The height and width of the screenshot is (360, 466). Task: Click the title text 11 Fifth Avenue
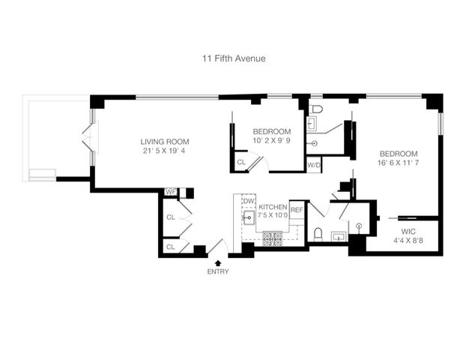pyautogui.click(x=233, y=58)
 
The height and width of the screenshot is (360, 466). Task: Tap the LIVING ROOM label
pyautogui.click(x=165, y=141)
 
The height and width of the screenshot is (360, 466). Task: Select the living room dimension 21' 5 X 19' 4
pyautogui.click(x=165, y=151)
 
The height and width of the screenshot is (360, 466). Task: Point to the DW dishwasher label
pyautogui.click(x=249, y=201)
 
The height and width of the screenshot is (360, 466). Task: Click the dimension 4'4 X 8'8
pyautogui.click(x=408, y=241)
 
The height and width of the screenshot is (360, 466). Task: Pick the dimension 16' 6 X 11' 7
pyautogui.click(x=402, y=162)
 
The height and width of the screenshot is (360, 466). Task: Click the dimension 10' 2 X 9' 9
pyautogui.click(x=271, y=140)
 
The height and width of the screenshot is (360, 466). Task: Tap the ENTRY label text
pyautogui.click(x=218, y=271)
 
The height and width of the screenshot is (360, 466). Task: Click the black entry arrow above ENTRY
pyautogui.click(x=218, y=262)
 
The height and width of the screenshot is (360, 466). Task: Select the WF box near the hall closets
pyautogui.click(x=170, y=193)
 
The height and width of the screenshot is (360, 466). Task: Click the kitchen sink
pyautogui.click(x=249, y=219)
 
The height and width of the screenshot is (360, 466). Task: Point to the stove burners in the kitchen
pyautogui.click(x=273, y=239)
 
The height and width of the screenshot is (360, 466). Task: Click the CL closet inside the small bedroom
pyautogui.click(x=241, y=161)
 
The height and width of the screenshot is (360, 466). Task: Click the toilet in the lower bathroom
pyautogui.click(x=318, y=233)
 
